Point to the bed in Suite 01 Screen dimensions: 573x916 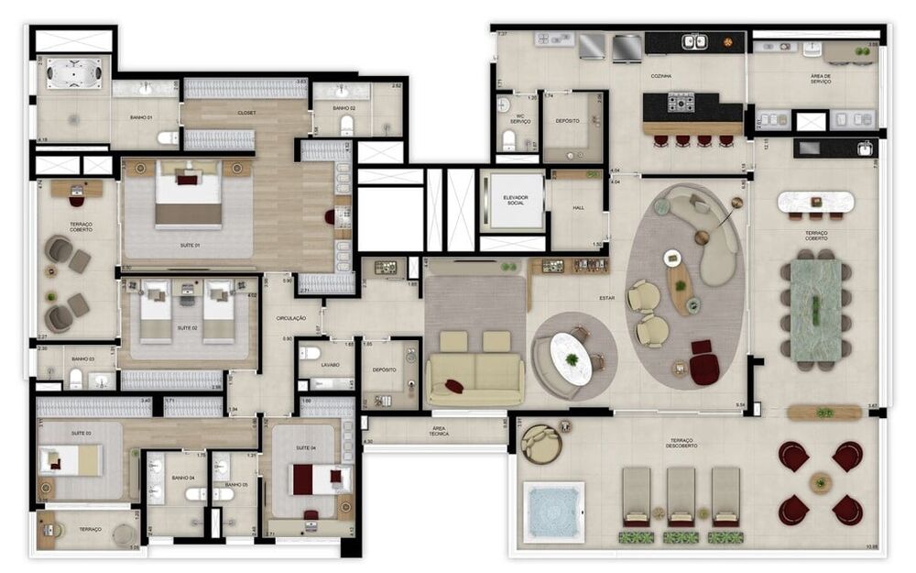point(188,195)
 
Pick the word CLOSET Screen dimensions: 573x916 point(246,113)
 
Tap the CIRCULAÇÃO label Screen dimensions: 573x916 point(291,317)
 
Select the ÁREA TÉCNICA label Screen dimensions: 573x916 point(439,431)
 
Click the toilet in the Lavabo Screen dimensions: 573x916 point(311,353)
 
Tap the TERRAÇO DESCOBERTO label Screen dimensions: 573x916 point(686,444)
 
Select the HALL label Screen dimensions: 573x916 point(577,209)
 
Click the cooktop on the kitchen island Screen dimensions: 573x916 point(681,102)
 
